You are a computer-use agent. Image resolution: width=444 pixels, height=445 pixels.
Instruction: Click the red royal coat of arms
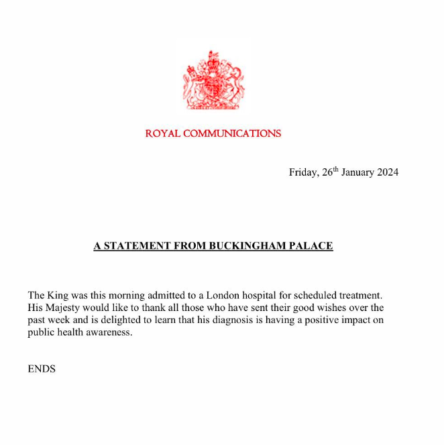[213, 80]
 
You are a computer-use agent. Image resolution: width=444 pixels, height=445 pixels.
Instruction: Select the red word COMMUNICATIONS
[232, 133]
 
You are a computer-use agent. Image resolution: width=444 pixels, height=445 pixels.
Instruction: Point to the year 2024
[387, 172]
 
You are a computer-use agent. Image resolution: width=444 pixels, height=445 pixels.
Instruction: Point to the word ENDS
[42, 369]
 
